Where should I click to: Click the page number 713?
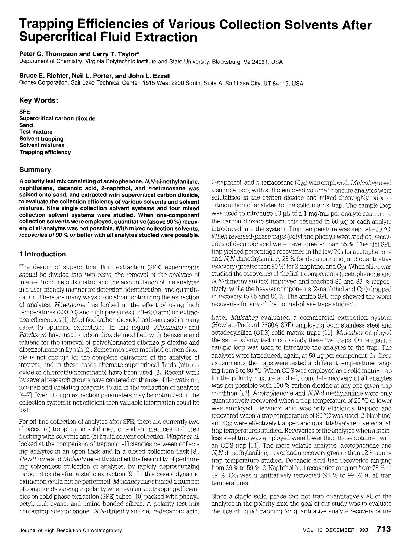(x=384, y=529)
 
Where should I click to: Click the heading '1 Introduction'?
(x=42, y=254)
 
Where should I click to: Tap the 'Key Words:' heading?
(x=38, y=100)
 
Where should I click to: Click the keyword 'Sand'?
(x=26, y=125)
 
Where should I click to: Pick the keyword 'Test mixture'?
(x=36, y=132)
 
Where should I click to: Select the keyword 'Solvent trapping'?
(x=41, y=139)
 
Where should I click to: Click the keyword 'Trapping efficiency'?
(x=45, y=152)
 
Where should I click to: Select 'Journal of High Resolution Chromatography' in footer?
(x=70, y=530)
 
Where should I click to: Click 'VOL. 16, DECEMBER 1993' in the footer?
(x=335, y=530)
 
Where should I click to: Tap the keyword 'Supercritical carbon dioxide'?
(x=57, y=118)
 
